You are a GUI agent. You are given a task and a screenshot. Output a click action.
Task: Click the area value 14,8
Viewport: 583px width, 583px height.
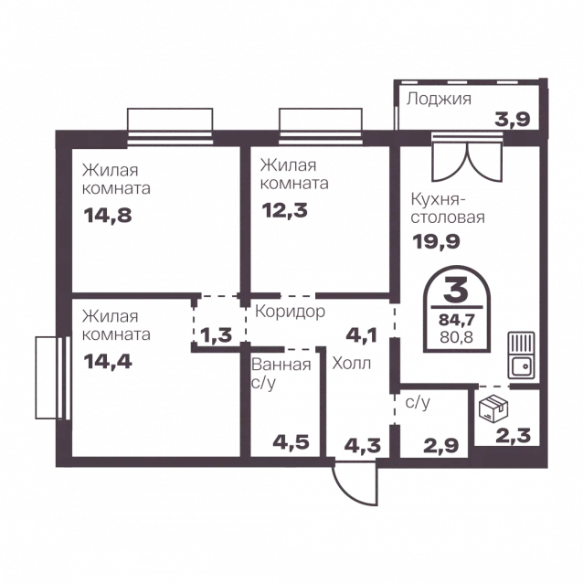coord(108,216)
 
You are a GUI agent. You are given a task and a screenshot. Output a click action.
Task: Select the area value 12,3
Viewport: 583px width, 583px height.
coord(285,210)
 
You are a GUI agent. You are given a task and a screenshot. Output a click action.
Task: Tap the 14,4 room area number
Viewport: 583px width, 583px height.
coord(108,361)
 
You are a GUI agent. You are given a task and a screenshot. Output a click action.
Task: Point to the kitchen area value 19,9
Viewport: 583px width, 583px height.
coord(436,241)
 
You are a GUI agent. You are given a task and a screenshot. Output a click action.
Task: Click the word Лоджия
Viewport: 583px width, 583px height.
coord(439,99)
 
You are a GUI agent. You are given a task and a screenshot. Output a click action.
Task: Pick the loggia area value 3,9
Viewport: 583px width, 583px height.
coord(512,120)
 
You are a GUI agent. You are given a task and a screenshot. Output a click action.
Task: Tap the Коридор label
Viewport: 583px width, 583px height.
coord(290,312)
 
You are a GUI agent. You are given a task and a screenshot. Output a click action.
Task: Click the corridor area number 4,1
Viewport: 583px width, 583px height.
coord(361,335)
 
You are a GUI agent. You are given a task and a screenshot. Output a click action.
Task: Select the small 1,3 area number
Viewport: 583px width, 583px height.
coord(217,335)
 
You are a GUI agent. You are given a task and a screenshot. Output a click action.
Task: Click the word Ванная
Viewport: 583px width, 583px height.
coord(281,365)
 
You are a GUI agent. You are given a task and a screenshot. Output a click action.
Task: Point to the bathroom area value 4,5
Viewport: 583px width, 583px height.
coord(291,442)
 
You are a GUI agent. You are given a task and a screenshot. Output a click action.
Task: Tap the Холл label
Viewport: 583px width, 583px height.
coord(352,364)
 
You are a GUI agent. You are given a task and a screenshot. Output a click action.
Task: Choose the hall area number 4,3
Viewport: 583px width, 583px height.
coord(363,445)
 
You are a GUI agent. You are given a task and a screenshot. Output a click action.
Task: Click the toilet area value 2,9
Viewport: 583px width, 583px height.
coord(441,445)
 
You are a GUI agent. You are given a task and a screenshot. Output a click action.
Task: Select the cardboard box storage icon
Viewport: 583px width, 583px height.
coord(493,408)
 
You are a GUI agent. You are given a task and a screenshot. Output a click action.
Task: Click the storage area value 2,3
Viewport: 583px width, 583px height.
coord(514,435)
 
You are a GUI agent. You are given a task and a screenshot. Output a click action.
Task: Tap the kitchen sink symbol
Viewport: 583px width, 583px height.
coord(522,355)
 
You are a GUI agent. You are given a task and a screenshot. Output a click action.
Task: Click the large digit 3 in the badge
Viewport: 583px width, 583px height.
coord(456,290)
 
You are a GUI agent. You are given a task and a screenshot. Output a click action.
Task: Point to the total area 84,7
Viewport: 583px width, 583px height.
coord(456,320)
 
